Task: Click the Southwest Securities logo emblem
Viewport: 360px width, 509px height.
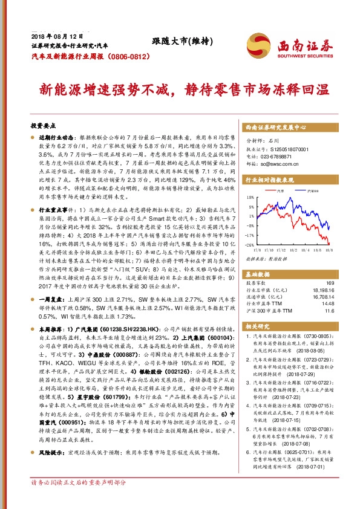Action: pos(256,45)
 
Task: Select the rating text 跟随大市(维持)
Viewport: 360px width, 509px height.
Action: pos(174,41)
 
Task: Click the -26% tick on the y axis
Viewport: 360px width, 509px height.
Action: pos(250,245)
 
